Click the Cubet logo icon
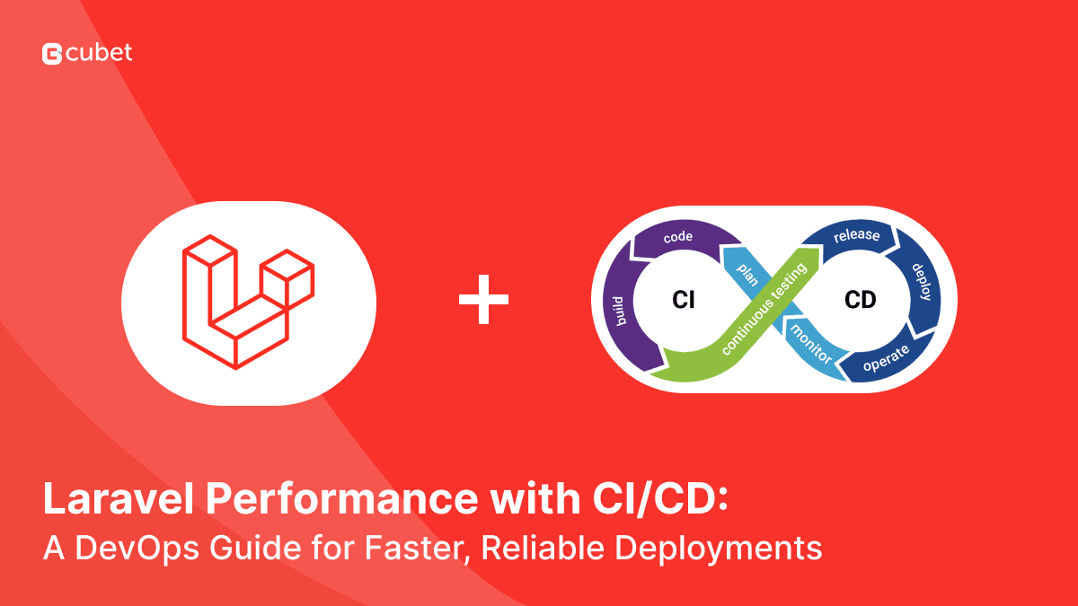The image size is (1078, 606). click(x=52, y=54)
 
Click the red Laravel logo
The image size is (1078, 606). click(x=248, y=301)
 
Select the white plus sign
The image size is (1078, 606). click(x=483, y=300)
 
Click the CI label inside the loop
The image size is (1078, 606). click(x=684, y=301)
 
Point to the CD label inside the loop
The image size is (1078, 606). click(x=860, y=301)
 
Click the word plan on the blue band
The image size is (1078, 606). click(x=747, y=275)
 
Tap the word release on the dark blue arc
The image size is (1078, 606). click(x=855, y=236)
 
